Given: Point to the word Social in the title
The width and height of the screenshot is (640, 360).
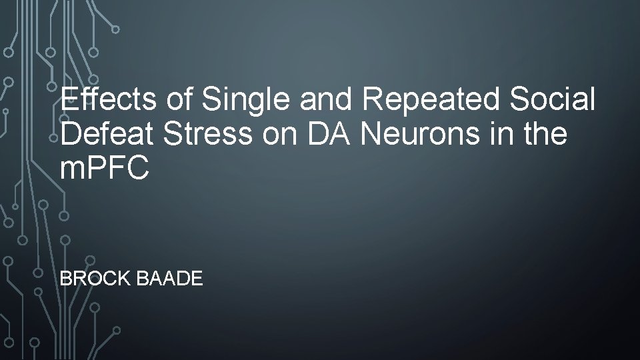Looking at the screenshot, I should point(553,100).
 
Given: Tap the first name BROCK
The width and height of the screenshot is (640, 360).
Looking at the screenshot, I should point(95,278).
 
